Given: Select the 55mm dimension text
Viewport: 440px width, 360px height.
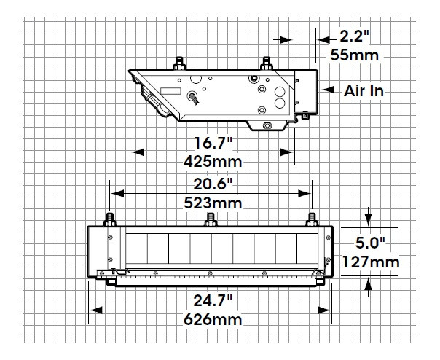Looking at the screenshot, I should click(x=360, y=55).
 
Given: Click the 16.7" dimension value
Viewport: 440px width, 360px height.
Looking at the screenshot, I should click(x=212, y=143).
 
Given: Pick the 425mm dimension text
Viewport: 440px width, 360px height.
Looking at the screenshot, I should click(x=212, y=161).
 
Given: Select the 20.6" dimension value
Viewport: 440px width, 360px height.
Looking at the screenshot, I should click(x=211, y=184).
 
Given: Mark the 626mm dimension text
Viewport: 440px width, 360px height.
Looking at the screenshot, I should click(x=211, y=319).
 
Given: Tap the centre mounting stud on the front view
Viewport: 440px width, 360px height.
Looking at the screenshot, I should click(x=211, y=219).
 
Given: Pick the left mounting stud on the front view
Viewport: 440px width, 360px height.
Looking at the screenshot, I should click(x=110, y=219).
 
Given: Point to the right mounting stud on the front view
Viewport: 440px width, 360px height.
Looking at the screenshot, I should click(x=313, y=219).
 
